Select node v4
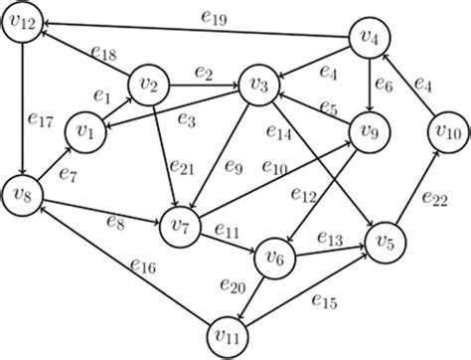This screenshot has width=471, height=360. click(x=371, y=41)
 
